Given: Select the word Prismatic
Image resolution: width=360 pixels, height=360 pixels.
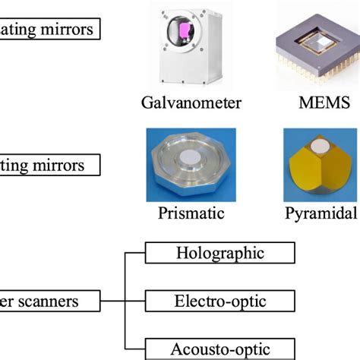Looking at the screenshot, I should point(191,213).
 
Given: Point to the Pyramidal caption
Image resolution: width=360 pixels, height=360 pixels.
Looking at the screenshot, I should point(319,213).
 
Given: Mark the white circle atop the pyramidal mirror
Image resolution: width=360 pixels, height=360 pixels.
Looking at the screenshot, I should point(320,145).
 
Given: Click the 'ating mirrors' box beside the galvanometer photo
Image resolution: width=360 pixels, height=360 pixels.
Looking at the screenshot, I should point(51,30).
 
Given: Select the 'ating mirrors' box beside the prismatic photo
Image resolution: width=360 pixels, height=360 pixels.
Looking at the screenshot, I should point(51,165).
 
